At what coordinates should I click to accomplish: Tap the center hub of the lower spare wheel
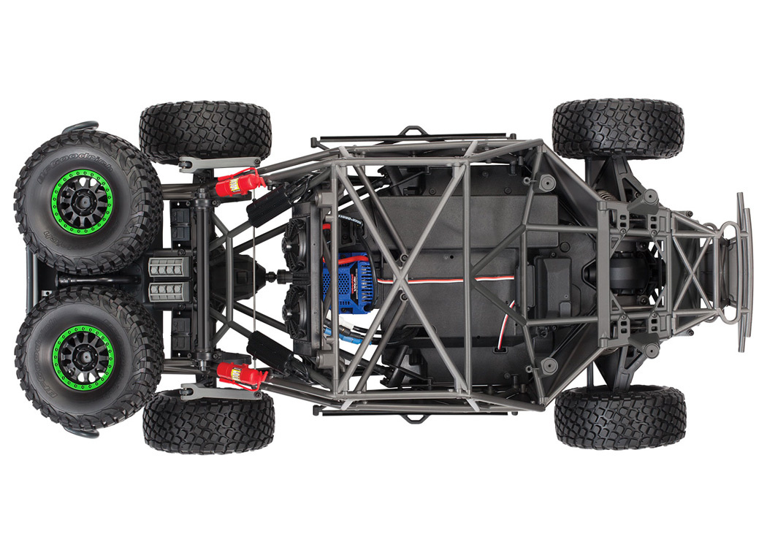83,355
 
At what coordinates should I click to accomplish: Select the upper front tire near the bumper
618,129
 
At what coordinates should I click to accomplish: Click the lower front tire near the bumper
619,417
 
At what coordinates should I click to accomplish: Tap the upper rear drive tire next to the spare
205,131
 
